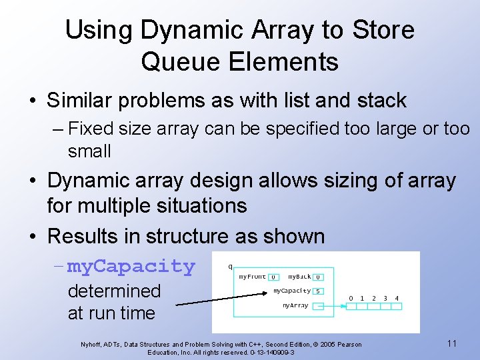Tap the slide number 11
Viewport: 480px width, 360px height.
pos(451,343)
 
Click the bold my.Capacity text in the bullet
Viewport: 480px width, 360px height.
pos(131,266)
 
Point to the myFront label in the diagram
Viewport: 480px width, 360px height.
pos(252,277)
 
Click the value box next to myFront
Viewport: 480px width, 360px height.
pos(273,277)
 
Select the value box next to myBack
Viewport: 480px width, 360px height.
pos(319,277)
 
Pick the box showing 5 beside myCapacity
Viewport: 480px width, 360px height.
pos(319,291)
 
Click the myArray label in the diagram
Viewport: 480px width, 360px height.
pos(295,305)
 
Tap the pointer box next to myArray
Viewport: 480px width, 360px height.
pos(319,306)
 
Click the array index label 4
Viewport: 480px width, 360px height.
pos(397,298)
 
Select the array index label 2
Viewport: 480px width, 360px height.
pos(374,298)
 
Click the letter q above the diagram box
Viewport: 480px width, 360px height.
pos(231,266)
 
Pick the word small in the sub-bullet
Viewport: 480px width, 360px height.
pos(89,151)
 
